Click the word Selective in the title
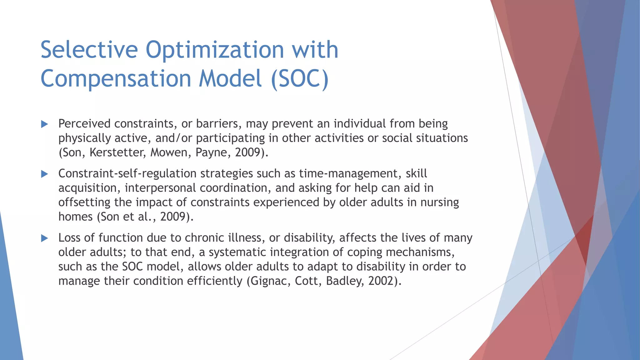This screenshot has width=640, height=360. point(89,50)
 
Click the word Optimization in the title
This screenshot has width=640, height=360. point(215,50)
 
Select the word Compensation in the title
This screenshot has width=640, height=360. point(116,78)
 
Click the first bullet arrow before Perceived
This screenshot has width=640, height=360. point(44,124)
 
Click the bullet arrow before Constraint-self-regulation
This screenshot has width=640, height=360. point(44,174)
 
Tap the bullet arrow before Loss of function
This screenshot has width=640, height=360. point(44,238)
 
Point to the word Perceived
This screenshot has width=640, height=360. point(84,124)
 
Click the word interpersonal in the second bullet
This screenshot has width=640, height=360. point(160,188)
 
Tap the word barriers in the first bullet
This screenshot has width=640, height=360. point(218,124)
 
